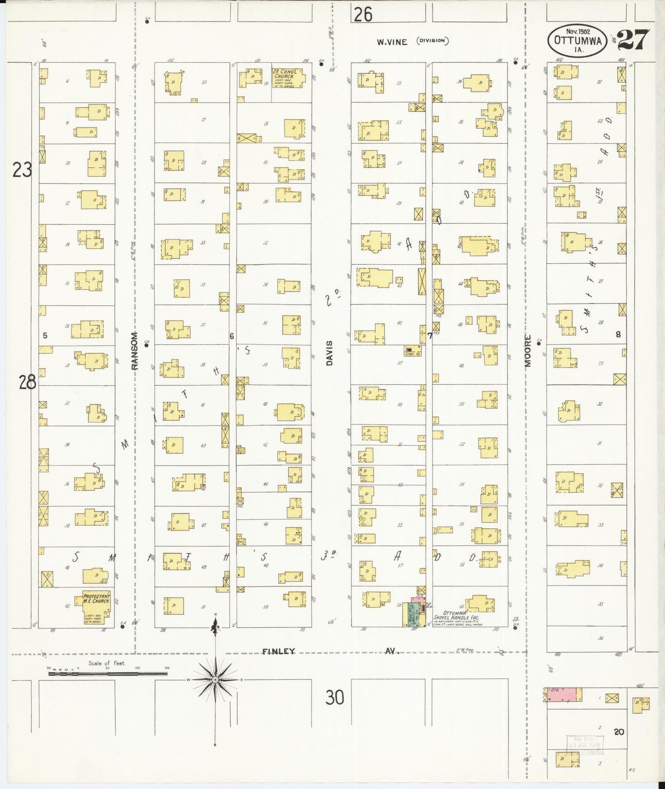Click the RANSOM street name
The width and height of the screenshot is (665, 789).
pos(134,351)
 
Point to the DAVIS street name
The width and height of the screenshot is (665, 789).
pos(330,353)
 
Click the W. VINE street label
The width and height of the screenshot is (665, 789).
pos(392,42)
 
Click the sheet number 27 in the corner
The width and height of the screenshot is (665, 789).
pos(634,40)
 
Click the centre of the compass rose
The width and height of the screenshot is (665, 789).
pos(215,679)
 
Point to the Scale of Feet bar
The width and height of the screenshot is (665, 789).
pos(108,673)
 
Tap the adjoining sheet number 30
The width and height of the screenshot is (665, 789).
pos(335,698)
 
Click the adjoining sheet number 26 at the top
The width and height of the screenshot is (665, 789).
pos(363,15)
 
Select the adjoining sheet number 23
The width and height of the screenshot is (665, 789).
pos(22,170)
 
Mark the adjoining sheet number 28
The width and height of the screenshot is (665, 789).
pos(27,382)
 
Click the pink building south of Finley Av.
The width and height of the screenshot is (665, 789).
pos(562,695)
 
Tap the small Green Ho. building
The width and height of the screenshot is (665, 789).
pos(412,351)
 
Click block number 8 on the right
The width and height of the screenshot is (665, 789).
pos(618,335)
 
